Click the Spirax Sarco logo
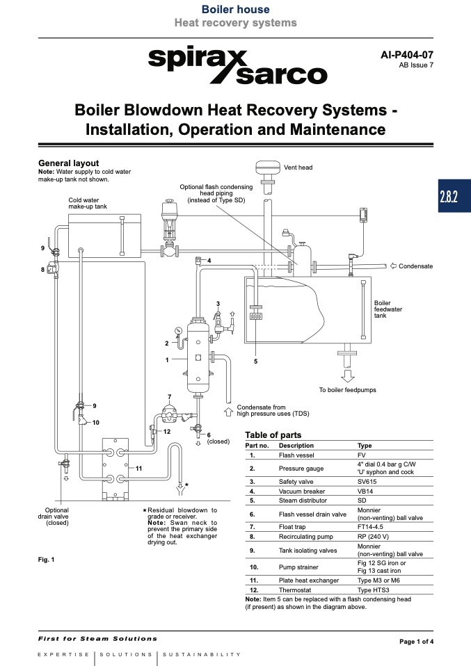click(x=237, y=67)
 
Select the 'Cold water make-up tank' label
click(x=88, y=203)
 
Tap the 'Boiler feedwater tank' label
click(x=383, y=309)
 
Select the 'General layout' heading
click(x=68, y=163)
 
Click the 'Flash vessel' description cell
click(x=296, y=455)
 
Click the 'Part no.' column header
click(x=257, y=446)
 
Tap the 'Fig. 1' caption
click(x=46, y=559)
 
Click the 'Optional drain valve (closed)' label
click(x=56, y=517)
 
